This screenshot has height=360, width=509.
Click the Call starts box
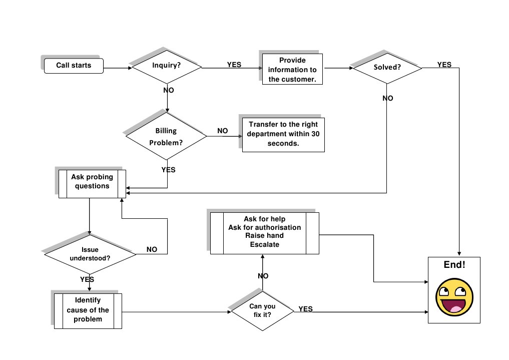(x=74, y=66)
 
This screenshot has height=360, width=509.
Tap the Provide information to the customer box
(x=292, y=70)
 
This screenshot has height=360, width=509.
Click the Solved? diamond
(x=387, y=67)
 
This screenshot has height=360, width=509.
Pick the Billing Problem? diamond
(x=166, y=136)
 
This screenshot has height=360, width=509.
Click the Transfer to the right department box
(x=283, y=135)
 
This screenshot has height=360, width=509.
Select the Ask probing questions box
(x=92, y=183)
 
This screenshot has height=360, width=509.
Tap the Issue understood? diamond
(x=90, y=254)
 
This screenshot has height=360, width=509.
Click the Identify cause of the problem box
(x=88, y=310)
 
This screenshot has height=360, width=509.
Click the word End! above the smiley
(x=454, y=265)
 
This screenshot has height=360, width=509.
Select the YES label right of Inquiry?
(x=234, y=65)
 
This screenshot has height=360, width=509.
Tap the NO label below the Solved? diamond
(x=387, y=98)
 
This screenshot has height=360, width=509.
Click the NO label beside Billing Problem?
(x=222, y=131)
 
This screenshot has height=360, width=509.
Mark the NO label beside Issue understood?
(x=152, y=249)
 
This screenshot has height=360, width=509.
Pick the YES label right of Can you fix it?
(x=305, y=309)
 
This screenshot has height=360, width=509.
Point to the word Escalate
(x=264, y=245)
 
